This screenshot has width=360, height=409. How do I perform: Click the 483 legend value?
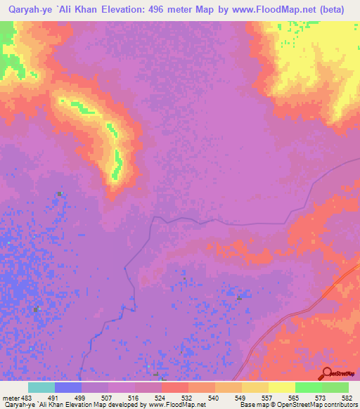coord(20,397)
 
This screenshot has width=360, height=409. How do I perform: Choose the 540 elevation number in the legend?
coord(214,397)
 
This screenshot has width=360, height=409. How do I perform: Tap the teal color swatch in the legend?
coord(41,387)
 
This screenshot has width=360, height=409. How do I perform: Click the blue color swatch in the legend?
coord(68,387)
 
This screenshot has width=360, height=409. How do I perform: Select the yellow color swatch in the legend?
coord(281,387)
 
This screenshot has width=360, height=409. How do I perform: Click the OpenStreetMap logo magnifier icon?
coord(326,373)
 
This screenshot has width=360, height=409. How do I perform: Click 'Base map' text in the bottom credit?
coord(252,405)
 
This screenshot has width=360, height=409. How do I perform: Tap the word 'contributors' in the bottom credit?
coord(340,405)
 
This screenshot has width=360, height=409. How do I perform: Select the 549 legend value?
coord(241,397)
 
